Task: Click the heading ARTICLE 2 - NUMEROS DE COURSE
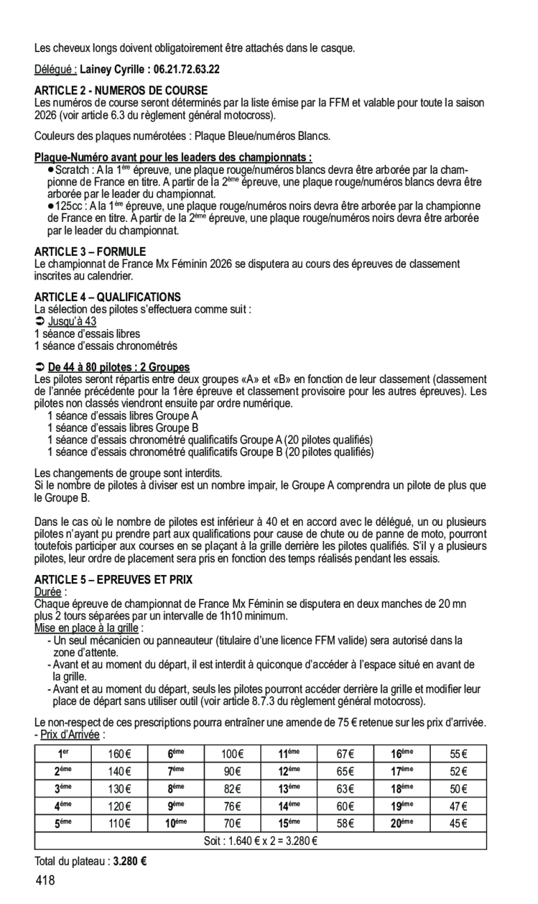click(121, 90)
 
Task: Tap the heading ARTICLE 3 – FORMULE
click(90, 252)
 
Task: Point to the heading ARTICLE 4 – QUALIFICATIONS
click(107, 296)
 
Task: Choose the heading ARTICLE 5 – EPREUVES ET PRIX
click(113, 579)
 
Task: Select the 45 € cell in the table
click(458, 824)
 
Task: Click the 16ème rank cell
click(402, 754)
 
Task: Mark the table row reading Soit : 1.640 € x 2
click(260, 841)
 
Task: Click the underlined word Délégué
click(56, 70)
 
